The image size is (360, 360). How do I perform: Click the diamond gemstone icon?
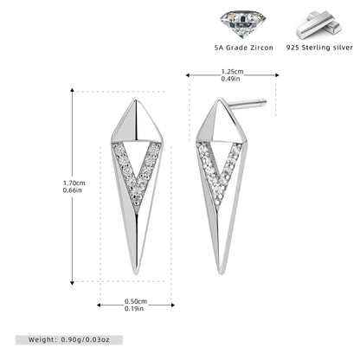click(x=242, y=24)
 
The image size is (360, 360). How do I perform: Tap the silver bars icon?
click(x=319, y=25)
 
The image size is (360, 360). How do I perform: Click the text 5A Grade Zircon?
click(x=244, y=48)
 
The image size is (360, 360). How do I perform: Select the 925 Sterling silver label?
click(x=319, y=48)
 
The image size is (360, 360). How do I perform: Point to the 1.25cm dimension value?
click(x=232, y=72)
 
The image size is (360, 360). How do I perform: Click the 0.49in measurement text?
click(x=230, y=79)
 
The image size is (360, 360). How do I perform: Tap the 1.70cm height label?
click(x=74, y=183)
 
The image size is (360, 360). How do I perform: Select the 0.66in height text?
click(x=73, y=190)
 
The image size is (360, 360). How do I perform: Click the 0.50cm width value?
click(x=136, y=301)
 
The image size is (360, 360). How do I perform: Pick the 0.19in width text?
click(x=134, y=309)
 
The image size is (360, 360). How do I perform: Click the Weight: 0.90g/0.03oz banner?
click(x=69, y=340)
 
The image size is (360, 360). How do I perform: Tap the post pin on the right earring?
click(x=247, y=105)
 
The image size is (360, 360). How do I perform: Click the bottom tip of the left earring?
click(x=136, y=274)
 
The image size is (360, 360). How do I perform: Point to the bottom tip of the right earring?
click(x=221, y=274)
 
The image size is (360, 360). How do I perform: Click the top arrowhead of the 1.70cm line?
click(x=72, y=90)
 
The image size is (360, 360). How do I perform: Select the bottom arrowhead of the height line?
click(x=72, y=283)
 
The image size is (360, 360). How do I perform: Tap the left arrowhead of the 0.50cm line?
click(x=99, y=305)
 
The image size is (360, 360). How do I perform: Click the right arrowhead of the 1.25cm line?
click(x=277, y=75)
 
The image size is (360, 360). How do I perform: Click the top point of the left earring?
click(x=136, y=99)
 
